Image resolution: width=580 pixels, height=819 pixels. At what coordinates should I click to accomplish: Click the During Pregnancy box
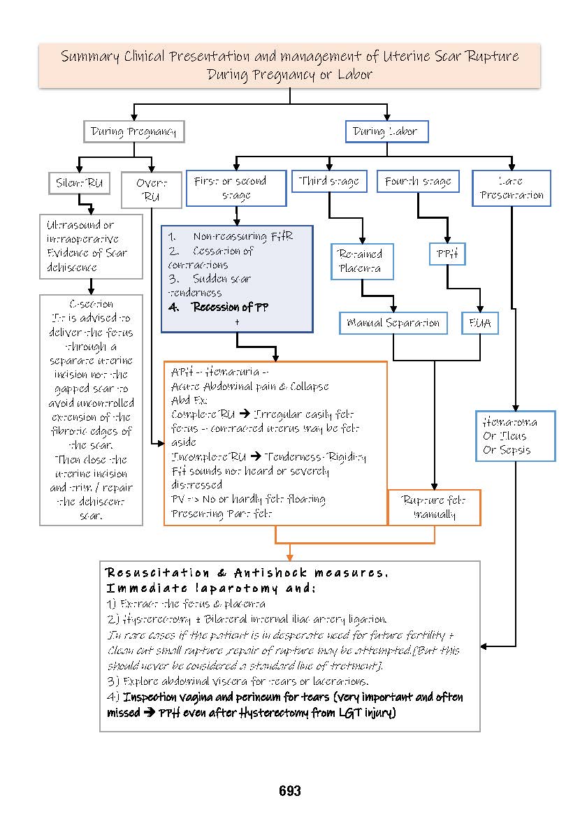pos(133,131)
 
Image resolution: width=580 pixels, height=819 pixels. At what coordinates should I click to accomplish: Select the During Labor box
pos(386,131)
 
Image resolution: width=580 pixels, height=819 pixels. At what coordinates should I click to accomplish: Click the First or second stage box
pos(235,189)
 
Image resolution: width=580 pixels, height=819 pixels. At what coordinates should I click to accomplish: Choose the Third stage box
pos(328,182)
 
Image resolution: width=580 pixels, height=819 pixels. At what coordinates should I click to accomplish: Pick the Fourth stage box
pos(419,182)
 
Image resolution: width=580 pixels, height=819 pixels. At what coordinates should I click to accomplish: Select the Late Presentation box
pos(512,189)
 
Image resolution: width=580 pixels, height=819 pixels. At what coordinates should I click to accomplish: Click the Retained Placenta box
pos(362,261)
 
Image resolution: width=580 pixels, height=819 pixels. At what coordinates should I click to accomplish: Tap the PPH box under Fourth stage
pos(447,255)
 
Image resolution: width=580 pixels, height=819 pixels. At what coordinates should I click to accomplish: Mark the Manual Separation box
pos(393,323)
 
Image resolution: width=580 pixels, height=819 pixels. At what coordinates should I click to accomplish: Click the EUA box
pos(480,323)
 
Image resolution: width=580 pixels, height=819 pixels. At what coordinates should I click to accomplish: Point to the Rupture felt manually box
pos(435,507)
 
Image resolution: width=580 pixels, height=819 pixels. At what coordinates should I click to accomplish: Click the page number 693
pos(289,791)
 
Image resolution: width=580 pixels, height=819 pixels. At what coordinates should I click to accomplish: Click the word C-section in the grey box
pos(91,304)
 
